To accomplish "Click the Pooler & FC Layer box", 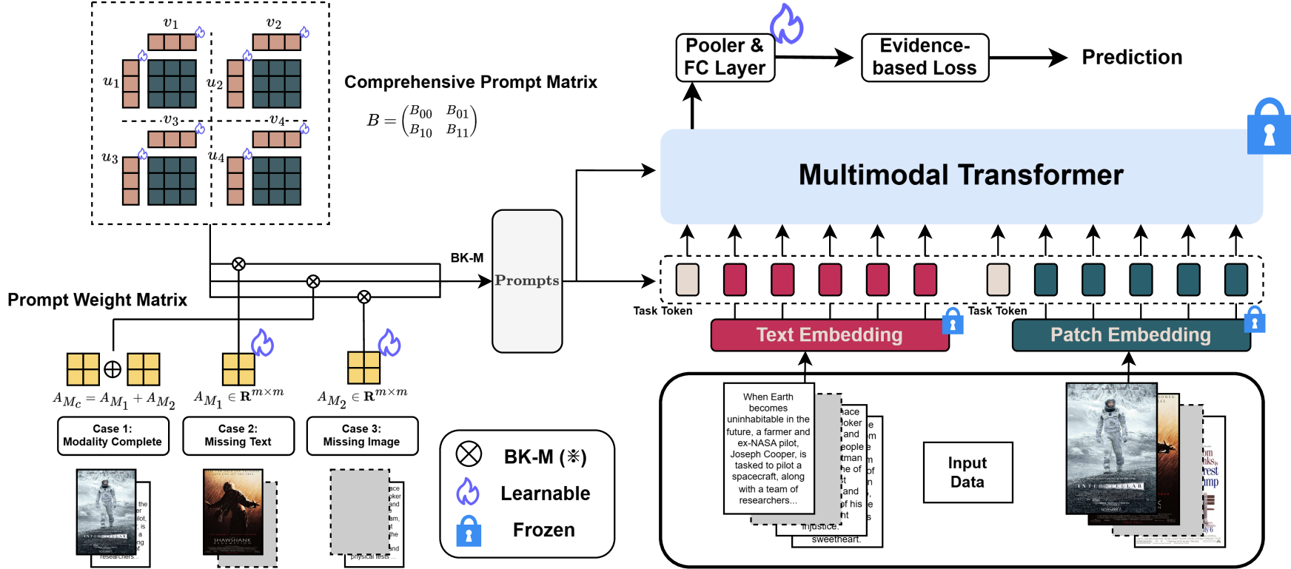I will coord(725,57).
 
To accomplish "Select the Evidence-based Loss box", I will coord(925,57).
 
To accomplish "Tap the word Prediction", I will coord(1132,57).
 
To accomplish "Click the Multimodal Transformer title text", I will coord(961,175).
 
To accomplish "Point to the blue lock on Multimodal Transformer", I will coord(1269,127).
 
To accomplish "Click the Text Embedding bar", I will coord(829,335).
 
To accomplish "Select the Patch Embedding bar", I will coord(1130,335).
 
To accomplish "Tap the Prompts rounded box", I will coord(527,281).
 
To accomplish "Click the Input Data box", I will coord(968,473).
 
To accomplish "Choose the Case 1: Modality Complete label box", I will coord(113,436).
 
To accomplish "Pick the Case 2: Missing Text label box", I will coord(238,436).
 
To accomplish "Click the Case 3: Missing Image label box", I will coord(362,436).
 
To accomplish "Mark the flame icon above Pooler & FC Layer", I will coord(786,24).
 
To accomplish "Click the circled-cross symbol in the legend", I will coord(469,454).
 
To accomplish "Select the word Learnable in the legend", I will coord(546,494).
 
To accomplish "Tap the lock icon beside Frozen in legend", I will coord(469,531).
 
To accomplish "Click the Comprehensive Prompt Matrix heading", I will coord(471,82).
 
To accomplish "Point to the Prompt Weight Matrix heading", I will coord(97,300).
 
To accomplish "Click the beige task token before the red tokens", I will coord(687,280).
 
